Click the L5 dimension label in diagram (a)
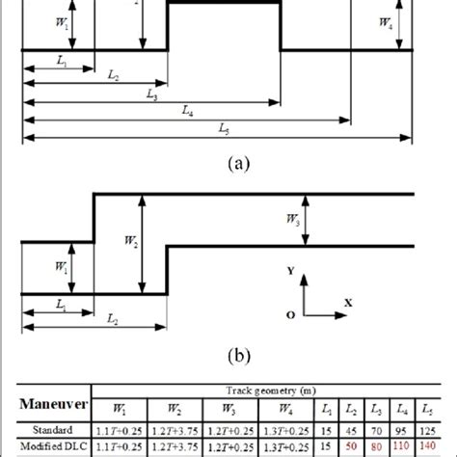(x=223, y=128)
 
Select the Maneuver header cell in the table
(x=57, y=407)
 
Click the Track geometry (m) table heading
(x=255, y=392)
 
